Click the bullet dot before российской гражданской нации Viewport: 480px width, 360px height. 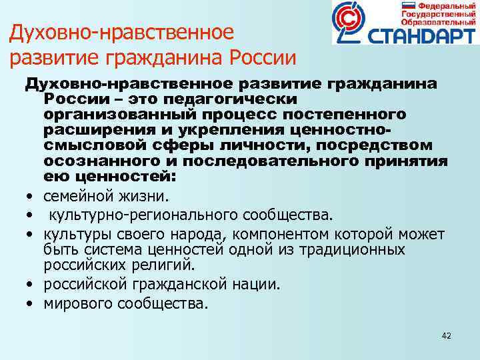tap(31, 285)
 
